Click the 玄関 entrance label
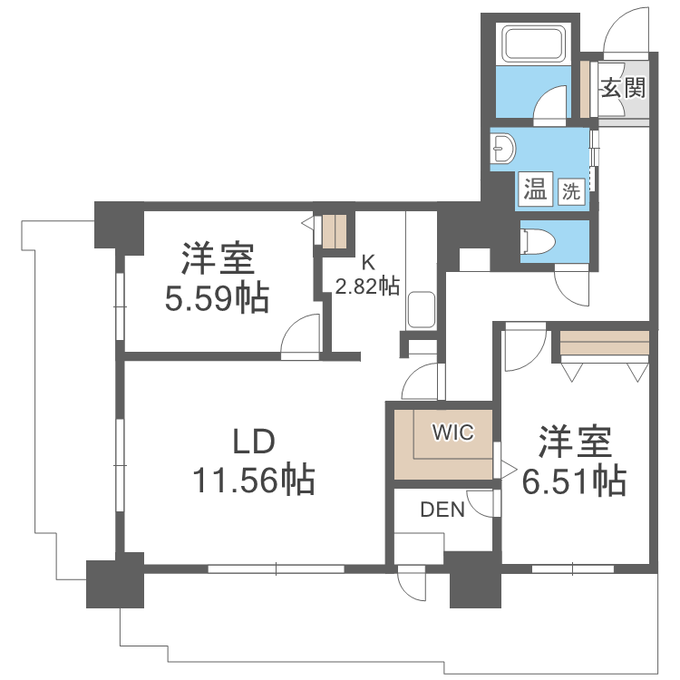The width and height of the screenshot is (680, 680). (623, 88)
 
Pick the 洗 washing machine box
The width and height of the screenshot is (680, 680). (570, 191)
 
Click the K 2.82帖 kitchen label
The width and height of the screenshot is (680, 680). (367, 276)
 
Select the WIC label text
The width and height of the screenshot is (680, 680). (452, 432)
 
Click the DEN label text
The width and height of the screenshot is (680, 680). (442, 510)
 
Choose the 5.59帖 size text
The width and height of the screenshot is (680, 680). (217, 296)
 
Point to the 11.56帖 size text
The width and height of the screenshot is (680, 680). (253, 479)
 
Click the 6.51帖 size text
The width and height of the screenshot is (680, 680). (574, 480)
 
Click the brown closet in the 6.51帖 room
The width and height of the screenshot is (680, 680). (605, 345)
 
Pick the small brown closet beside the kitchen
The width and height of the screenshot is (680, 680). (334, 230)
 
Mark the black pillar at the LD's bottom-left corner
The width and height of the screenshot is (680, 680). (115, 584)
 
